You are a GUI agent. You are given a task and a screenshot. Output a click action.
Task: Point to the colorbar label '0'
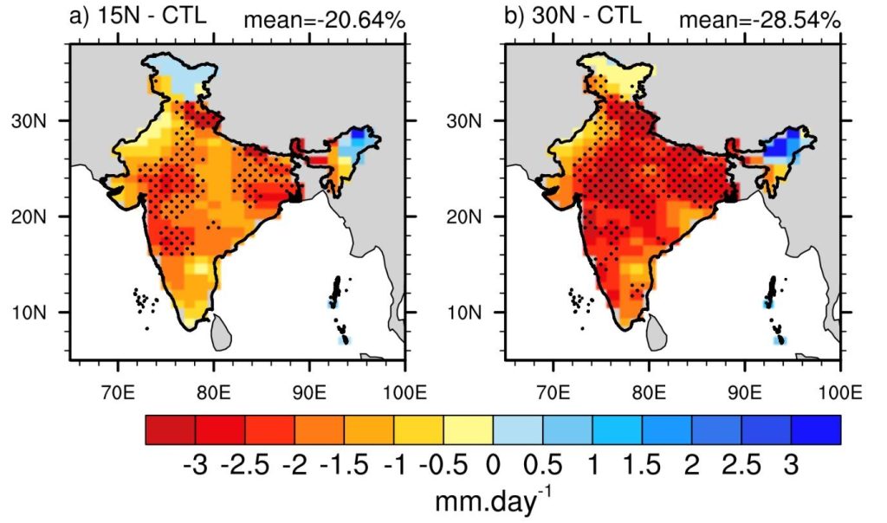[493, 468]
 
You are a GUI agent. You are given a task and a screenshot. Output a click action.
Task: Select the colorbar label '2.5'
[741, 468]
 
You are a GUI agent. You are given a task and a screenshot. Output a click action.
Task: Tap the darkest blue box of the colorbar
[815, 429]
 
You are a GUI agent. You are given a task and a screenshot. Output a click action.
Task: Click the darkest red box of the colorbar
[171, 429]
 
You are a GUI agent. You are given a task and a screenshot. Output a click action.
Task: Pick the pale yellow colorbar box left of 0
[468, 429]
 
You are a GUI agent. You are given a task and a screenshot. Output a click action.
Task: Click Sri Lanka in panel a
[221, 329]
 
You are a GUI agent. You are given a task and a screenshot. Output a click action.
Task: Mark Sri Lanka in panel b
[656, 329]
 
